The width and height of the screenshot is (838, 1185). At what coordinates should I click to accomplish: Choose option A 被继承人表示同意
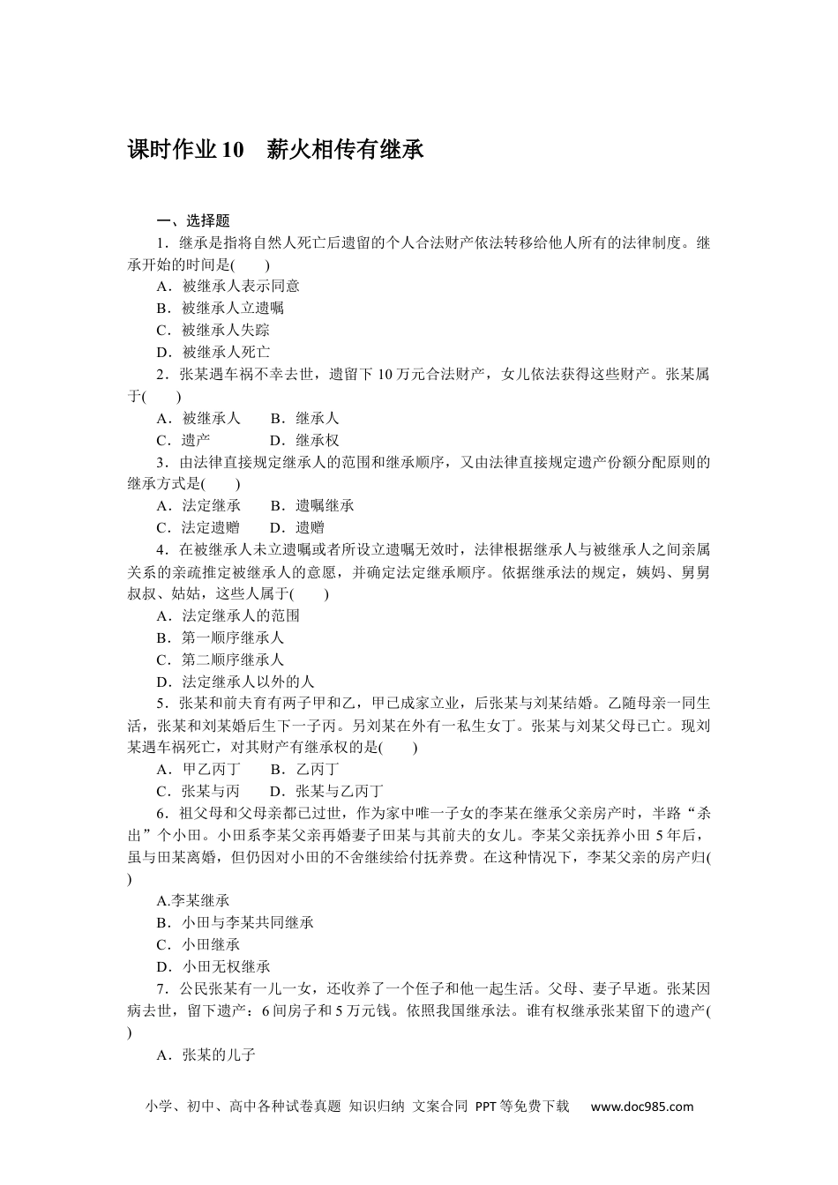pos(228,286)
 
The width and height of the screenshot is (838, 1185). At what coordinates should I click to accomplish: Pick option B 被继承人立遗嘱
pos(221,308)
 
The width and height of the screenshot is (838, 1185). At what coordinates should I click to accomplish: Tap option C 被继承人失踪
pos(213,330)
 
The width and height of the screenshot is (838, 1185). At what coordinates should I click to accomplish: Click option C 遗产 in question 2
pos(183,440)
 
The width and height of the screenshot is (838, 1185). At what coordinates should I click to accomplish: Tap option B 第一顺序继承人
pos(221,637)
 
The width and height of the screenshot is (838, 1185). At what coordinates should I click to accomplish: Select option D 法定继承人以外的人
pos(235,682)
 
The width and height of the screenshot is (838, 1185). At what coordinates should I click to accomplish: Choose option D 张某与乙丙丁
pos(326,791)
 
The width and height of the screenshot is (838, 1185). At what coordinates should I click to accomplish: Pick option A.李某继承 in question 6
pos(193,900)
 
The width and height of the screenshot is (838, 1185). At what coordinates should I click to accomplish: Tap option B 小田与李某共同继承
pos(235,922)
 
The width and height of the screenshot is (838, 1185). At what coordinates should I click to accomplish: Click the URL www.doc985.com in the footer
pos(642,1107)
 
